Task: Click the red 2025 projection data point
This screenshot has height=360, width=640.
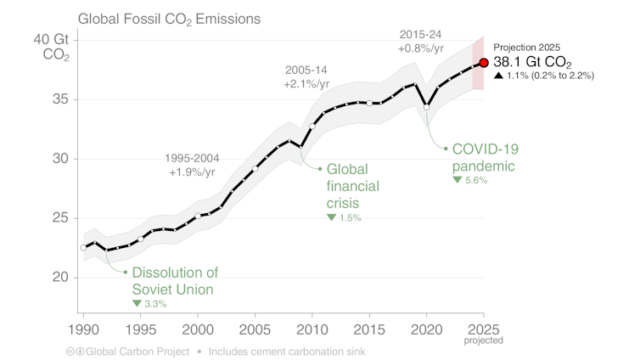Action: coord(484,62)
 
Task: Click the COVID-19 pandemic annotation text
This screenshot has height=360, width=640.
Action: coord(485,156)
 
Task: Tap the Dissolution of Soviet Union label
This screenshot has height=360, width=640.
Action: coord(175,281)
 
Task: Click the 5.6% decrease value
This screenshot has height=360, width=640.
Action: coord(475,181)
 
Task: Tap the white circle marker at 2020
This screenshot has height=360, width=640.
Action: coord(427,107)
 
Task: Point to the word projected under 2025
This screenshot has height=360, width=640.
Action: coord(484,340)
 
